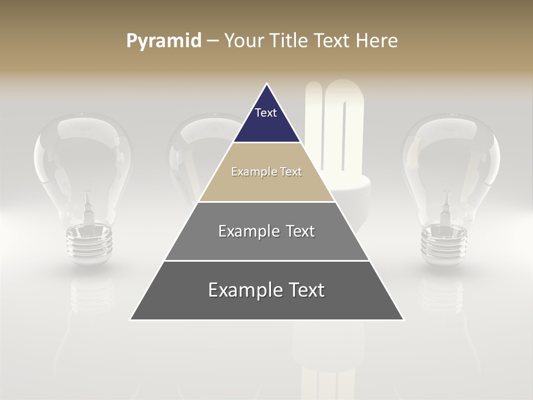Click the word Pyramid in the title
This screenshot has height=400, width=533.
click(163, 41)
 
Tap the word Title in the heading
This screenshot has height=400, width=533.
click(290, 41)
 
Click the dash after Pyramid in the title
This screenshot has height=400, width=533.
click(212, 41)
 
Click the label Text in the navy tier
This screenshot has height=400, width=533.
click(266, 113)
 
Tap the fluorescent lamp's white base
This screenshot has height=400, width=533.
click(355, 192)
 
